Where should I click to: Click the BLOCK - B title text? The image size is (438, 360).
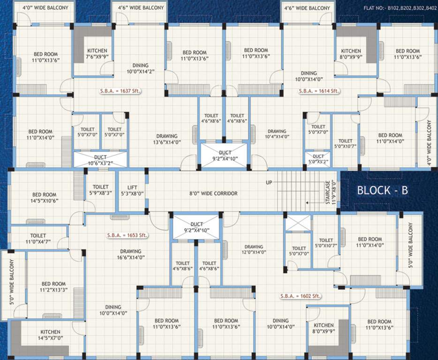[382, 190]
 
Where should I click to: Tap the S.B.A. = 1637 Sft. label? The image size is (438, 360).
[120, 91]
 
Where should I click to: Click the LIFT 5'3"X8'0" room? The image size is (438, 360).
[132, 190]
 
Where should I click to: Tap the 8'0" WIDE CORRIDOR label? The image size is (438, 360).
[213, 193]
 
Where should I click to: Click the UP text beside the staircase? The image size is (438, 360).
[269, 182]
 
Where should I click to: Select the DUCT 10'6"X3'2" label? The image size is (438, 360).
[100, 160]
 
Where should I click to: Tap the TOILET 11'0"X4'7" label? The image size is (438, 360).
[38, 239]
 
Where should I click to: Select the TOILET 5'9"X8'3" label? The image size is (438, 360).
[100, 190]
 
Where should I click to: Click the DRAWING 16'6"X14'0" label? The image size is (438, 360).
[130, 254]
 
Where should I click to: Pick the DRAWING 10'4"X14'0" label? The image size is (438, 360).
[277, 134]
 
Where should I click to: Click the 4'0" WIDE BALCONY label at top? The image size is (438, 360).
[45, 8]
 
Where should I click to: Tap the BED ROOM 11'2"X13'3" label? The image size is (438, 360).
[53, 286]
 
